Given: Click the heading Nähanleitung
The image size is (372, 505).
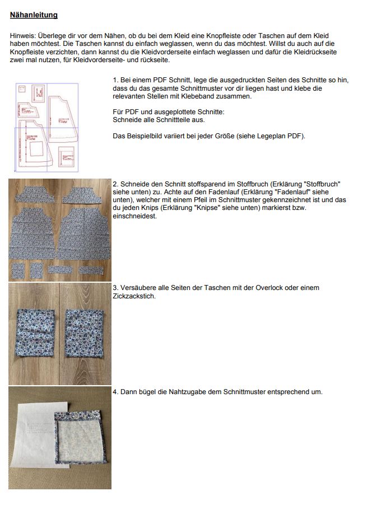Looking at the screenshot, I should pos(34,15).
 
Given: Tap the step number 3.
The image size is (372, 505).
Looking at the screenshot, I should pos(115,288).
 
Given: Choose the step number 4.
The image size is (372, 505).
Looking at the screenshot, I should pos(115,392).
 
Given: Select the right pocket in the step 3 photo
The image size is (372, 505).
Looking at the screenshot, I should pos(84,334).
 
